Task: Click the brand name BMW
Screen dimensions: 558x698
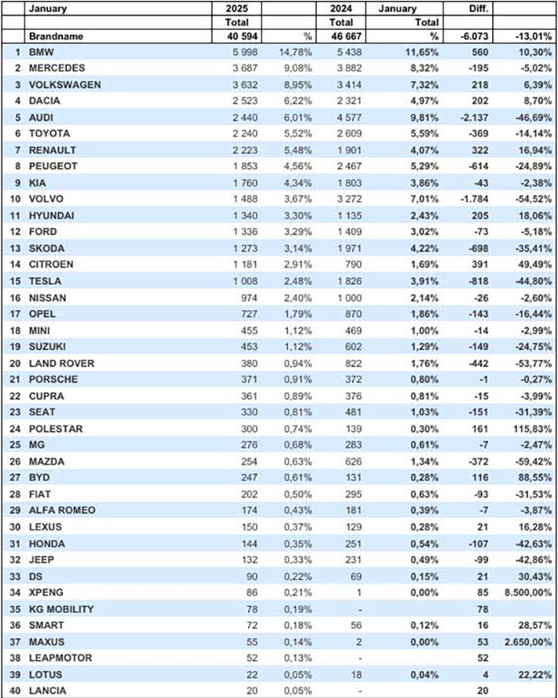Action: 41,52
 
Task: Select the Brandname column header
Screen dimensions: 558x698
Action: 56,36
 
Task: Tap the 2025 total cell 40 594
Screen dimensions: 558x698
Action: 242,36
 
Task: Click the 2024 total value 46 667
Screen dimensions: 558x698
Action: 347,36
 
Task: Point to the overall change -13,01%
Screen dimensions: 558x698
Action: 533,36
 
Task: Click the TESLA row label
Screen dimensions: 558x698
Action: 45,281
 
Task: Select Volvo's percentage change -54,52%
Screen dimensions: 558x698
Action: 533,199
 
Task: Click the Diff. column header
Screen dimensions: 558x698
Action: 479,9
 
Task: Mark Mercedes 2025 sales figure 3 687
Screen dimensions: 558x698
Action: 245,68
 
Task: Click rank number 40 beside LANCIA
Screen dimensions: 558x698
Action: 15,690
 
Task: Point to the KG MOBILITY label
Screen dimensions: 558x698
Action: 61,609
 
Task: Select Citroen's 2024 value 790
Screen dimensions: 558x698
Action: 353,264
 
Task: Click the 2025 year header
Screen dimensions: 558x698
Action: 237,9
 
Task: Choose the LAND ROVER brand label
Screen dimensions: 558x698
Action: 61,363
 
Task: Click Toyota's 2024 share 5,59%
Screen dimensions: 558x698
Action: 424,133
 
